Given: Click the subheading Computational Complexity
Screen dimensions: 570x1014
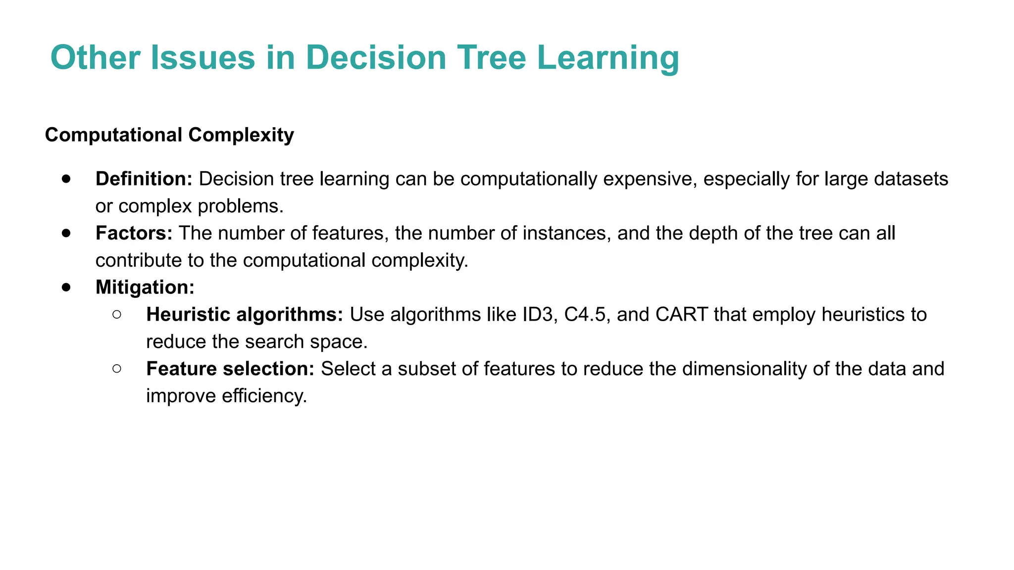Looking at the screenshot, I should pyautogui.click(x=169, y=135).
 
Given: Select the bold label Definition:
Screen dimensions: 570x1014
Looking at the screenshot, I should pyautogui.click(x=144, y=179).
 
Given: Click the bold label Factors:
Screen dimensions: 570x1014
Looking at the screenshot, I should pyautogui.click(x=134, y=234).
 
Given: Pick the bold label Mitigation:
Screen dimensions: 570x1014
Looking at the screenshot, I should pyautogui.click(x=145, y=287).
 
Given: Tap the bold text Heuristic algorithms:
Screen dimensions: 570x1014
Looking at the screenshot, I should pyautogui.click(x=244, y=315).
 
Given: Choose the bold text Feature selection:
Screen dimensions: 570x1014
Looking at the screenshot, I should pyautogui.click(x=230, y=369).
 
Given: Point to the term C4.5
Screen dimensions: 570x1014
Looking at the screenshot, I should pyautogui.click(x=585, y=315).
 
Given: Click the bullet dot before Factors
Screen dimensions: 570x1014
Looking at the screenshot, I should pyautogui.click(x=67, y=233).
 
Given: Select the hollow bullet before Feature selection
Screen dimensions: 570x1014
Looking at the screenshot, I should pyautogui.click(x=117, y=368).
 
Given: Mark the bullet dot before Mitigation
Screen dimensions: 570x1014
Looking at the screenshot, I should pyautogui.click(x=67, y=287).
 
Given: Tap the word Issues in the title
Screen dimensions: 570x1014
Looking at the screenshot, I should pyautogui.click(x=203, y=58).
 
